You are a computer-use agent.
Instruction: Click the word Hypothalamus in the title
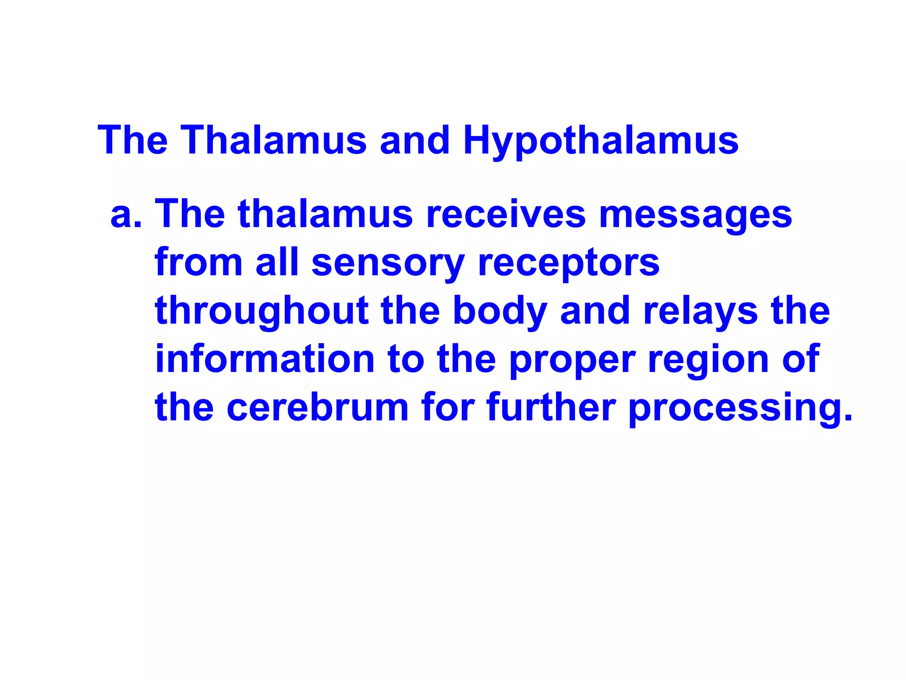(600, 141)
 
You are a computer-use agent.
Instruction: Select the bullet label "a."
(126, 215)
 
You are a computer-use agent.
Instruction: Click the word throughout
(262, 312)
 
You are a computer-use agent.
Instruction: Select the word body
(500, 312)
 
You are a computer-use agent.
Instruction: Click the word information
(265, 359)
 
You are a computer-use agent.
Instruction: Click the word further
(551, 407)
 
